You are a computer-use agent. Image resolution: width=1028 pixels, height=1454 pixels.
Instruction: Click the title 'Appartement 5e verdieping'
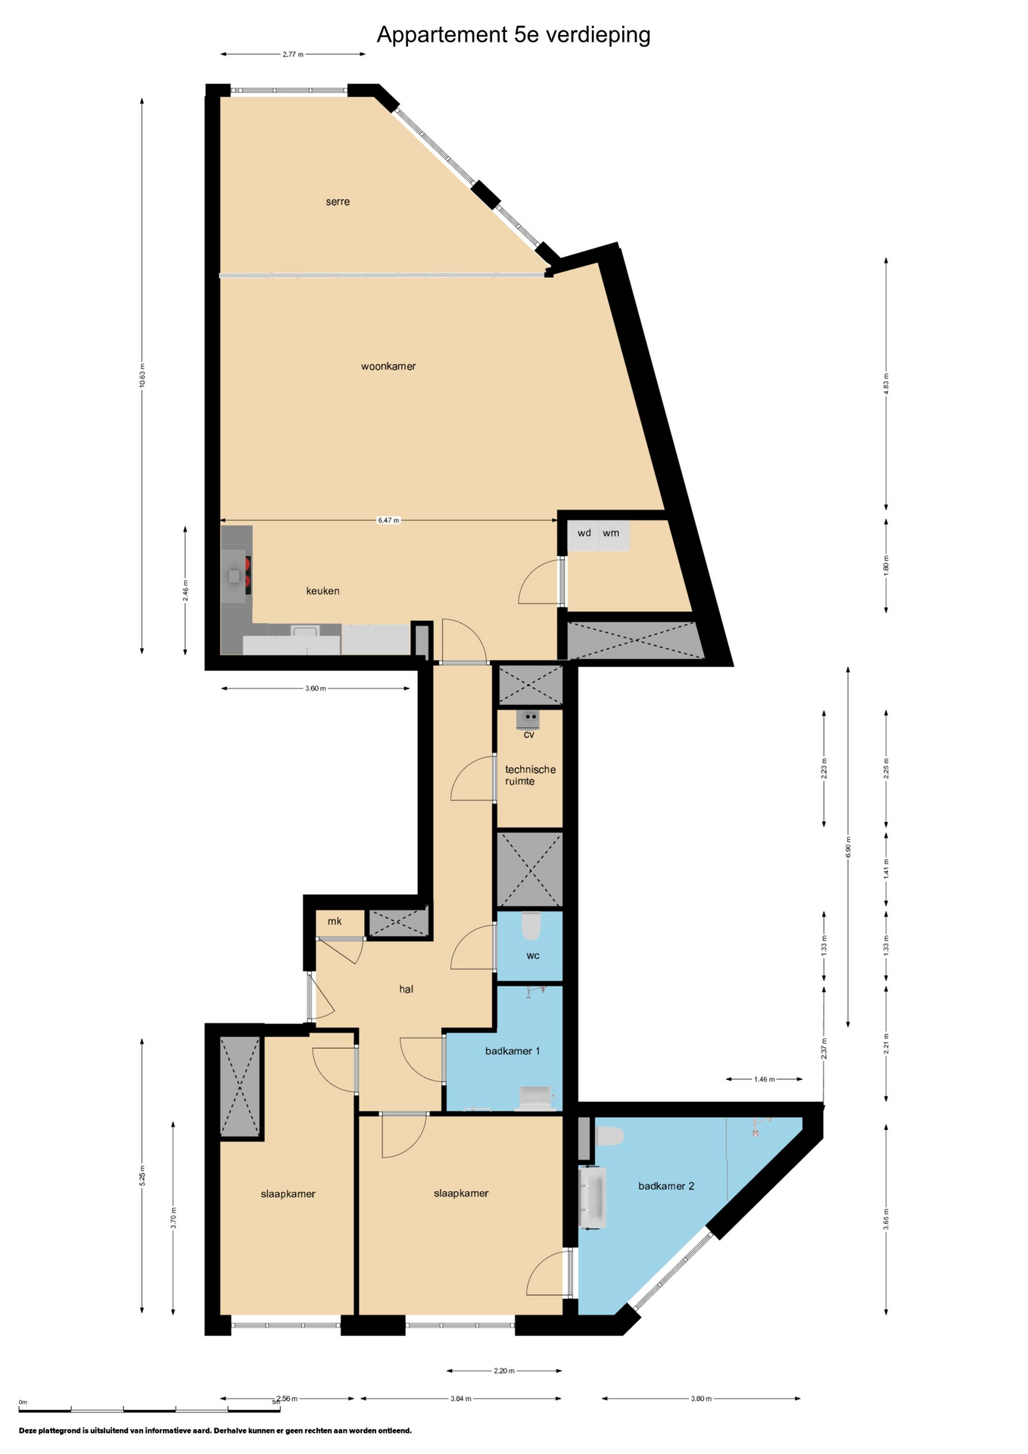coord(513,36)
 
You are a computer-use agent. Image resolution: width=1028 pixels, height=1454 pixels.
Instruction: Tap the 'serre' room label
coord(338,201)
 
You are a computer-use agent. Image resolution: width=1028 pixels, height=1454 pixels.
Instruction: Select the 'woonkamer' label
coord(388,367)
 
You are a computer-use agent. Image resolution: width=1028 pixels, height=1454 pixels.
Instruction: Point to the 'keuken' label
coord(322,591)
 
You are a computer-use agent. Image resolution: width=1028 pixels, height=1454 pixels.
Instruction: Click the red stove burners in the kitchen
coord(248,575)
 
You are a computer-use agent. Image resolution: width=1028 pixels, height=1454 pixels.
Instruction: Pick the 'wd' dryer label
coord(584,533)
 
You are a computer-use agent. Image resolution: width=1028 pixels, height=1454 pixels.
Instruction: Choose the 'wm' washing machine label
coord(611,533)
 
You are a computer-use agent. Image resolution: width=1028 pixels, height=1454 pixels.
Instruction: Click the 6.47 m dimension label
coord(388,520)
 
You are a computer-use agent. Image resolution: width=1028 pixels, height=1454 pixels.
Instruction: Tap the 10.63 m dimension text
coord(142,376)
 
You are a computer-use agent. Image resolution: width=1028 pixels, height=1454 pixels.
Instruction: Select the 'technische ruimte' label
coord(530,775)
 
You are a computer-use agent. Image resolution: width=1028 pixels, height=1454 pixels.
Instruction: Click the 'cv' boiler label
coord(529,735)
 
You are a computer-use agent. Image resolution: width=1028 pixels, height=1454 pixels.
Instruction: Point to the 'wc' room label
coord(533,956)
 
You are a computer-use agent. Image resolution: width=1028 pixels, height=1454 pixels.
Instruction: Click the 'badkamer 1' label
coord(512,1051)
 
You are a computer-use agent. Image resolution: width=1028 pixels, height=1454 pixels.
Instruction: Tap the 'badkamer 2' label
coord(666,1186)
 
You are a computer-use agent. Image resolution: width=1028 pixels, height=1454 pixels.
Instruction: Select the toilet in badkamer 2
coord(610,1136)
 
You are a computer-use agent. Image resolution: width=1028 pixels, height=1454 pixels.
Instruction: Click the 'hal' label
coord(407,989)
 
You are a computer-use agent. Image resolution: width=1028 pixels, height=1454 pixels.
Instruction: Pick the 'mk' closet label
coord(335,921)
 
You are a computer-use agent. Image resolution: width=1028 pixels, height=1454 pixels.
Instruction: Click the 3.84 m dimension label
coord(461,1399)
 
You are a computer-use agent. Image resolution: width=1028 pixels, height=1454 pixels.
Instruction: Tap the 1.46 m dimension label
coord(765,1079)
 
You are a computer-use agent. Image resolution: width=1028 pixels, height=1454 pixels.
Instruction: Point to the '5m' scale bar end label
coord(276,1403)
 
